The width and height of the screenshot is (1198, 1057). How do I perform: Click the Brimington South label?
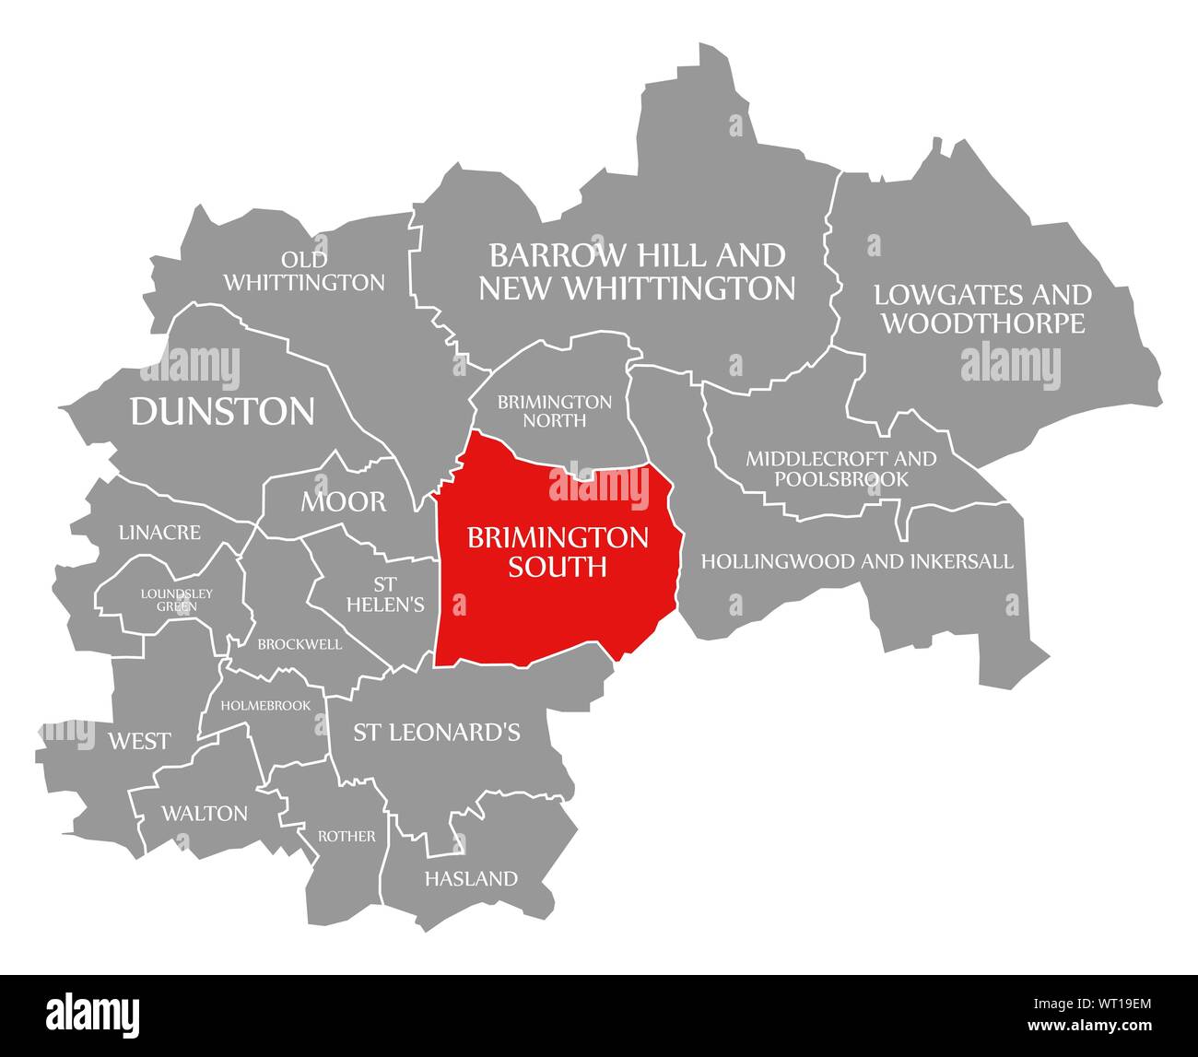tap(558, 551)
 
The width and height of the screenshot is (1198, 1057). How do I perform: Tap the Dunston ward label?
tap(222, 411)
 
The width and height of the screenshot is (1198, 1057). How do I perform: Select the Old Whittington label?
tap(304, 272)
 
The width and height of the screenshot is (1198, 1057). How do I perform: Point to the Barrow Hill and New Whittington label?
tap(637, 271)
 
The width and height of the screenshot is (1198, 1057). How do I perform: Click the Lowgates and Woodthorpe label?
tap(982, 309)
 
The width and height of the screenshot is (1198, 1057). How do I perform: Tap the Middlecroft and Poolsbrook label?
tap(840, 468)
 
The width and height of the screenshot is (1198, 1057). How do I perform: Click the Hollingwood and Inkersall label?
tap(857, 560)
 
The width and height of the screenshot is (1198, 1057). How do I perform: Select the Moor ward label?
tap(343, 502)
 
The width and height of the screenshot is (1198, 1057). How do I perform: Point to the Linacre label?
tap(159, 533)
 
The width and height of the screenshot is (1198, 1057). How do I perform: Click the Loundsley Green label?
tap(177, 599)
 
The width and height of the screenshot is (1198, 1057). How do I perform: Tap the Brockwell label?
tap(299, 644)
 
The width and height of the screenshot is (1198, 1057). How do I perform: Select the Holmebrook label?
tap(273, 705)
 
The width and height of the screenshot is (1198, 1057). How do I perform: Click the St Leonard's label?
tap(437, 732)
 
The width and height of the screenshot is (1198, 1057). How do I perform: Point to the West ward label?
tap(139, 741)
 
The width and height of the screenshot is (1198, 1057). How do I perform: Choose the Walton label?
tap(204, 813)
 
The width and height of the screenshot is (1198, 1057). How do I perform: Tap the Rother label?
tap(346, 836)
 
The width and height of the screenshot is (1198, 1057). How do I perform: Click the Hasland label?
tap(471, 878)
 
